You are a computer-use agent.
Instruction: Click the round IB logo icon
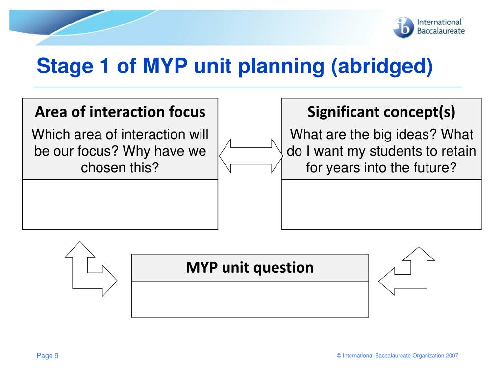pos(403,27)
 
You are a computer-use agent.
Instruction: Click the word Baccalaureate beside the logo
pos(441,31)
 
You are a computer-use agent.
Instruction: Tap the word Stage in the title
pos(65,67)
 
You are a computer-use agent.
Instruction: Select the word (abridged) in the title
pos(381,67)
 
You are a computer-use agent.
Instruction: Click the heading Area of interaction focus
pos(120,112)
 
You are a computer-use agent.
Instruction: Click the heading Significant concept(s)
pos(381,112)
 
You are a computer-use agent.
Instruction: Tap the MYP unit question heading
pos(250,268)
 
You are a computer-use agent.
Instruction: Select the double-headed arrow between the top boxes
pos(251,156)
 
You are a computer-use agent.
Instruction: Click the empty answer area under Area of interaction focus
pos(120,204)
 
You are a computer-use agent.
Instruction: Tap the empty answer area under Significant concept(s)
pos(381,204)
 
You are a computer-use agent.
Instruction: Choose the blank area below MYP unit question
pos(250,299)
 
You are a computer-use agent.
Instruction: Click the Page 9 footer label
pos(48,356)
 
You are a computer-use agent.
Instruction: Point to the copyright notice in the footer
pos(397,356)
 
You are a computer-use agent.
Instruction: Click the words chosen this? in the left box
pos(120,168)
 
